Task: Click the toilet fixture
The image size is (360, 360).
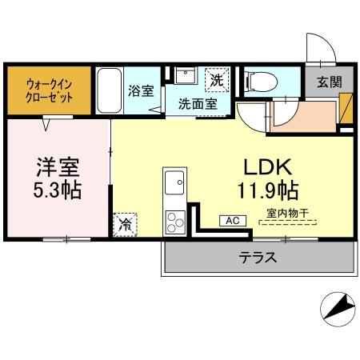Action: click(261, 81)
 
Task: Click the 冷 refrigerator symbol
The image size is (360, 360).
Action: click(125, 225)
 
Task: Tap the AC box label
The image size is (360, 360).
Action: click(231, 220)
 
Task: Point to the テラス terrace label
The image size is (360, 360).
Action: click(257, 258)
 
